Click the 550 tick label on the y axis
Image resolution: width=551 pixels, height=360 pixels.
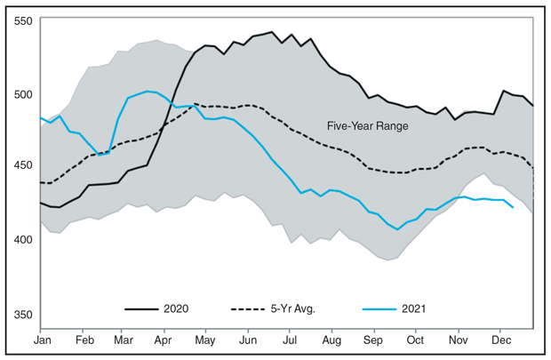click(24, 20)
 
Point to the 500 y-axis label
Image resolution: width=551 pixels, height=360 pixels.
click(24, 93)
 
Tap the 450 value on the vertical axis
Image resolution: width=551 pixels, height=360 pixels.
click(24, 165)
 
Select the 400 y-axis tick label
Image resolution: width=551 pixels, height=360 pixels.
click(24, 238)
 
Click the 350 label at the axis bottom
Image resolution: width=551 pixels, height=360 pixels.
click(24, 314)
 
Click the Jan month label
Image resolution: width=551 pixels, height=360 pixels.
click(42, 340)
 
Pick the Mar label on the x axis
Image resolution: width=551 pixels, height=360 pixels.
click(124, 340)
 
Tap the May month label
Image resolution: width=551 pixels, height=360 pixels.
click(205, 340)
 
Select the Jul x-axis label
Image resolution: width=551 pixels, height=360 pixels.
click(289, 340)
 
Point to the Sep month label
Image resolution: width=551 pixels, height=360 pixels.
click(373, 340)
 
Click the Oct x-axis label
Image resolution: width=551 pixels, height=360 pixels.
click(414, 340)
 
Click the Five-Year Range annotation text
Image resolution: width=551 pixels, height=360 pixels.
click(367, 126)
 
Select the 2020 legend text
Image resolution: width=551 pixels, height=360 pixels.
click(176, 308)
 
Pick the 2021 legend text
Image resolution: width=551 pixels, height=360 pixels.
click(413, 308)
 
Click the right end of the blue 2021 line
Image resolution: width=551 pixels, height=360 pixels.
click(513, 207)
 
